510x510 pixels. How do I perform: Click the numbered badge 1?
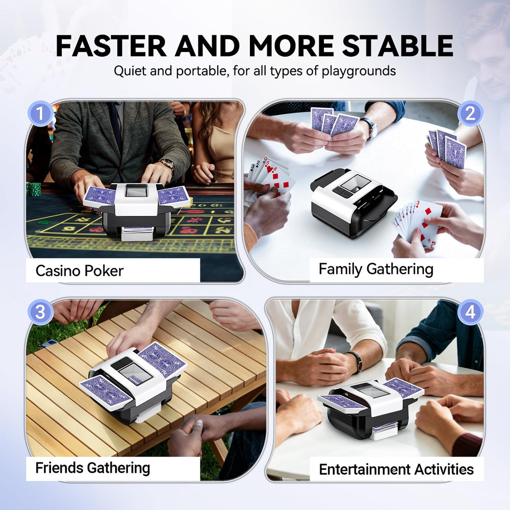[x=40, y=114]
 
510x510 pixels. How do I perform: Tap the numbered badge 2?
[x=470, y=114]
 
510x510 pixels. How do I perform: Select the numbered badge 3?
[x=40, y=312]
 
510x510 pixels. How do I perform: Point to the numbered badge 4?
[x=470, y=312]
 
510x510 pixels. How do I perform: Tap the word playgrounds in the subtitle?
[x=359, y=71]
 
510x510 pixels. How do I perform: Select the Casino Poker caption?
[x=80, y=271]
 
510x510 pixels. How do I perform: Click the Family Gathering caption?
[x=376, y=270]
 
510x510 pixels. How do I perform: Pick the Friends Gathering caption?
[x=93, y=468]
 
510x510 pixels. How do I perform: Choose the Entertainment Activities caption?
[x=396, y=469]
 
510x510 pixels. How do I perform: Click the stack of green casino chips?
[x=34, y=189]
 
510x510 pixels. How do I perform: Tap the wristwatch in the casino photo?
[x=168, y=165]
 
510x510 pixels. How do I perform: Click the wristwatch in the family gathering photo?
[x=370, y=127]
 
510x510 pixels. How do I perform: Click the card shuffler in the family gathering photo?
[x=353, y=202]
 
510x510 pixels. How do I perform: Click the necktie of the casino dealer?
[x=115, y=124]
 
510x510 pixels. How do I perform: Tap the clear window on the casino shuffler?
[x=136, y=191]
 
